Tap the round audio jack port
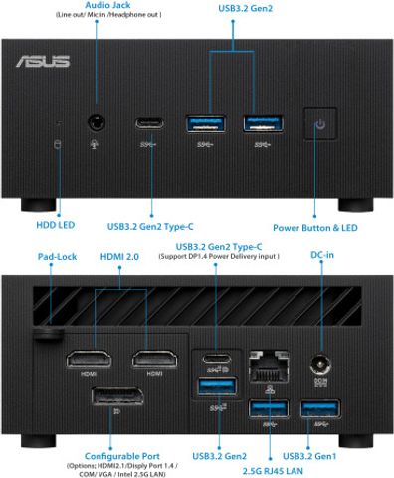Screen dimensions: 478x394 98,122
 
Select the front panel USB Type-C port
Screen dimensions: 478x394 154,123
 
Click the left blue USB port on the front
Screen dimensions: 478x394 208,123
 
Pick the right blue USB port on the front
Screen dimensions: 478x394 263,123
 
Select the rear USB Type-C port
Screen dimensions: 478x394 215,359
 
